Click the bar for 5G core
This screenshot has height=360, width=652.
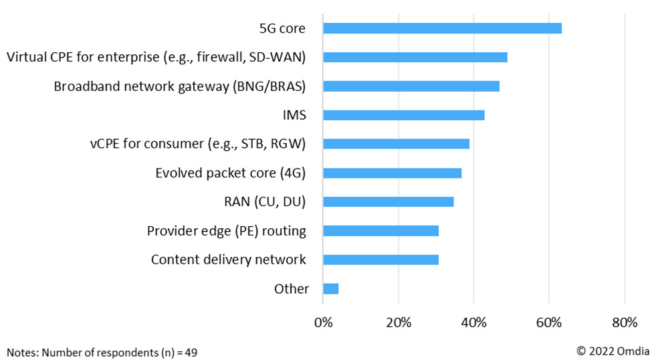point(442,28)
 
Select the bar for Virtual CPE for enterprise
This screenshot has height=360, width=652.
point(415,57)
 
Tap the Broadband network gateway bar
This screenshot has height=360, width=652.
point(411,86)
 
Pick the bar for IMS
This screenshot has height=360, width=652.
point(403,115)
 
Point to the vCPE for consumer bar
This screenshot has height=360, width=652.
point(396,144)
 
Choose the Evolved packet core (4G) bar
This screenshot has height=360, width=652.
point(392,173)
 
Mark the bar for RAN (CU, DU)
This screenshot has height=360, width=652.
point(388,202)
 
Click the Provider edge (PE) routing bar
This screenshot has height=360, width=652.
point(381,231)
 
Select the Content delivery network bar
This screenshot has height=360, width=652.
point(381,260)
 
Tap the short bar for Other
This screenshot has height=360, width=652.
point(330,288)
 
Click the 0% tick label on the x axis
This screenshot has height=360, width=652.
point(323,323)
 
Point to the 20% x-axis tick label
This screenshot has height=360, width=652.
point(399,323)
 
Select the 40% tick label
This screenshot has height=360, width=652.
point(473,323)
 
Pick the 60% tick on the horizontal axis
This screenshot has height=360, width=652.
point(549,323)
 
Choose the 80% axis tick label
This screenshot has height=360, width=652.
point(624,323)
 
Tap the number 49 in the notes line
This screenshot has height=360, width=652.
point(191,351)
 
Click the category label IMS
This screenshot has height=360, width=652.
point(294,115)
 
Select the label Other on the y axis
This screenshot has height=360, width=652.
point(292,289)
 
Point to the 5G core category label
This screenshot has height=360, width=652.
point(282,29)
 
